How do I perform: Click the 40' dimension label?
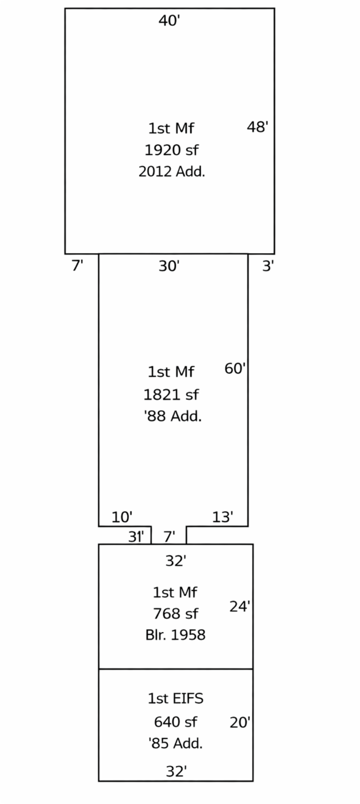169,21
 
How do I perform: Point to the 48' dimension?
257,127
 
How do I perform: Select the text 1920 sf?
171,150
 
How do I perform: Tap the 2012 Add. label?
171,171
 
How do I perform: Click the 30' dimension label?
169,266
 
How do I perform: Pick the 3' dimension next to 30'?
268,266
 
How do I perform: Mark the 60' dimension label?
235,369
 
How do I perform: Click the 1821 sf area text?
171,395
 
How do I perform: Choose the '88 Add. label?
173,416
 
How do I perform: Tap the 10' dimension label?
122,517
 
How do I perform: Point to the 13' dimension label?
223,517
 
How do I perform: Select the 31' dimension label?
136,537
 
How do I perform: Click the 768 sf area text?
175,614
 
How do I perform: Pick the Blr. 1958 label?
175,635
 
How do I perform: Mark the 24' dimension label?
240,607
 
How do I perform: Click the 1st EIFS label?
175,699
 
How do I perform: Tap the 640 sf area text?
175,722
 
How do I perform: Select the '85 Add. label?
175,744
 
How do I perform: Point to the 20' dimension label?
240,722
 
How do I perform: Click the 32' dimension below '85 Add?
176,771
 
